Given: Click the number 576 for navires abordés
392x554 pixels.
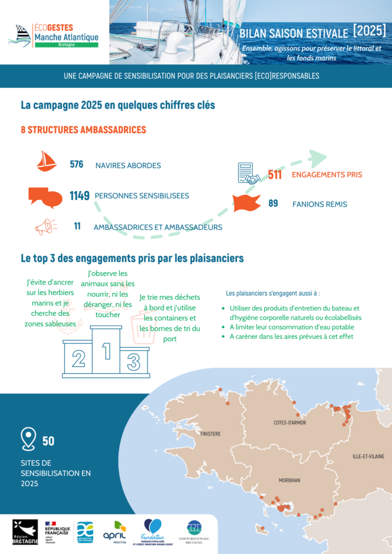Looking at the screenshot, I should (76, 164).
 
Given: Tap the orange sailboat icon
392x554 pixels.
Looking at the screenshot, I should (47, 161).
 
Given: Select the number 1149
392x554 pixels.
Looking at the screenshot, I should (79, 196).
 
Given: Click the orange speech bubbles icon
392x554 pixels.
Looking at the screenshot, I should (45, 197).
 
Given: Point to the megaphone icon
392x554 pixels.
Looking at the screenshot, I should (45, 227).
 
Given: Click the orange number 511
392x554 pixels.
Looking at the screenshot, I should (275, 175).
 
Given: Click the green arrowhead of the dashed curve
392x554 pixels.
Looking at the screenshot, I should (316, 159).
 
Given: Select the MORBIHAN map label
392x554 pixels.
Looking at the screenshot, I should (289, 480).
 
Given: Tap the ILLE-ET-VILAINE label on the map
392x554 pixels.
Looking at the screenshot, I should (368, 457).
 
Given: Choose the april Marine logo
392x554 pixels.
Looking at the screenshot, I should (115, 531).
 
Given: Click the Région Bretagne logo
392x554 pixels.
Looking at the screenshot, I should (25, 532).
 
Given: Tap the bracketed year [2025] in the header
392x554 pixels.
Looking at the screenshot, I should (369, 30).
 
